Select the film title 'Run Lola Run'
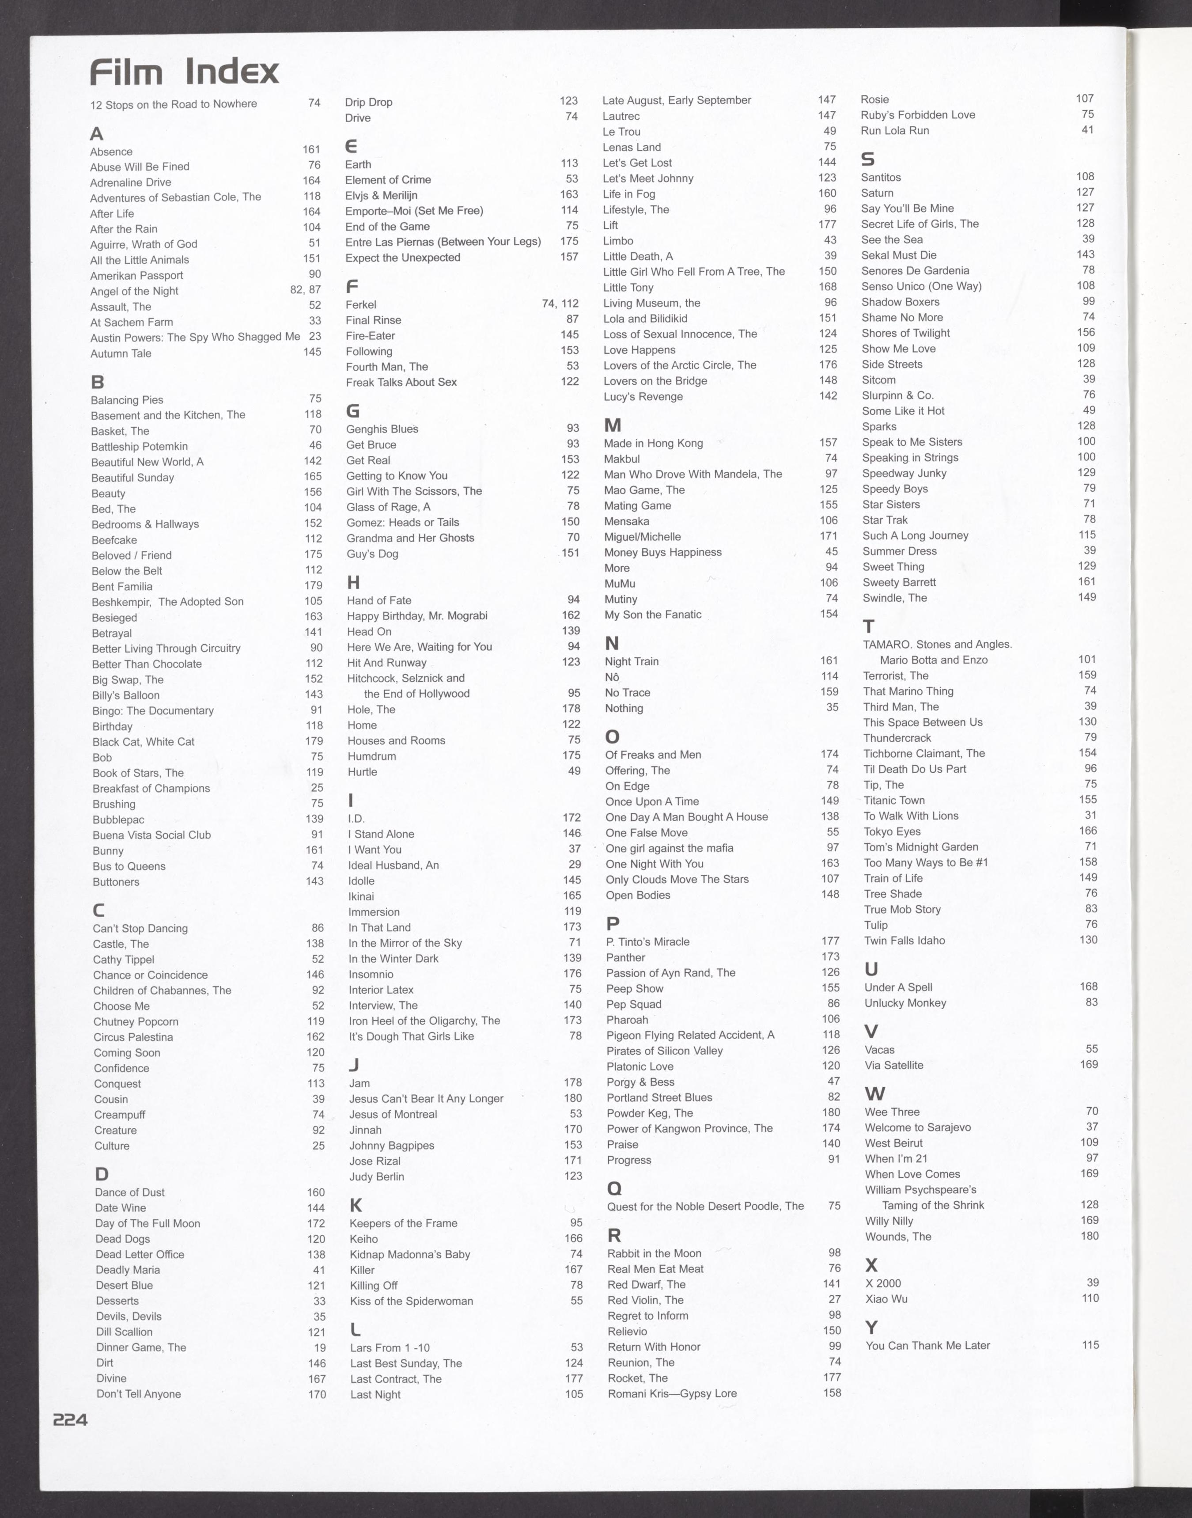click(x=895, y=130)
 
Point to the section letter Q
click(x=614, y=1188)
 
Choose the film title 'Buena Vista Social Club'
click(x=151, y=835)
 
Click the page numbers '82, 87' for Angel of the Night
click(x=305, y=290)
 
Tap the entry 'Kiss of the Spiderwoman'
click(x=411, y=1301)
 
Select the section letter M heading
click(x=612, y=425)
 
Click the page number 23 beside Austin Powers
click(x=315, y=336)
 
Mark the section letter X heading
click(x=871, y=1265)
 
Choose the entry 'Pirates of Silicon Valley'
click(x=664, y=1051)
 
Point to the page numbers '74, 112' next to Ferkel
click(x=560, y=304)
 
